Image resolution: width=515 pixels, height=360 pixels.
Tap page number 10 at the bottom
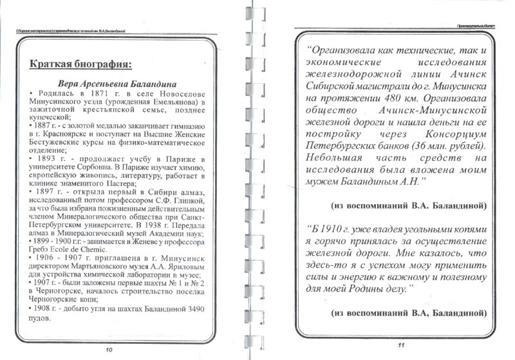(x=109, y=350)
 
